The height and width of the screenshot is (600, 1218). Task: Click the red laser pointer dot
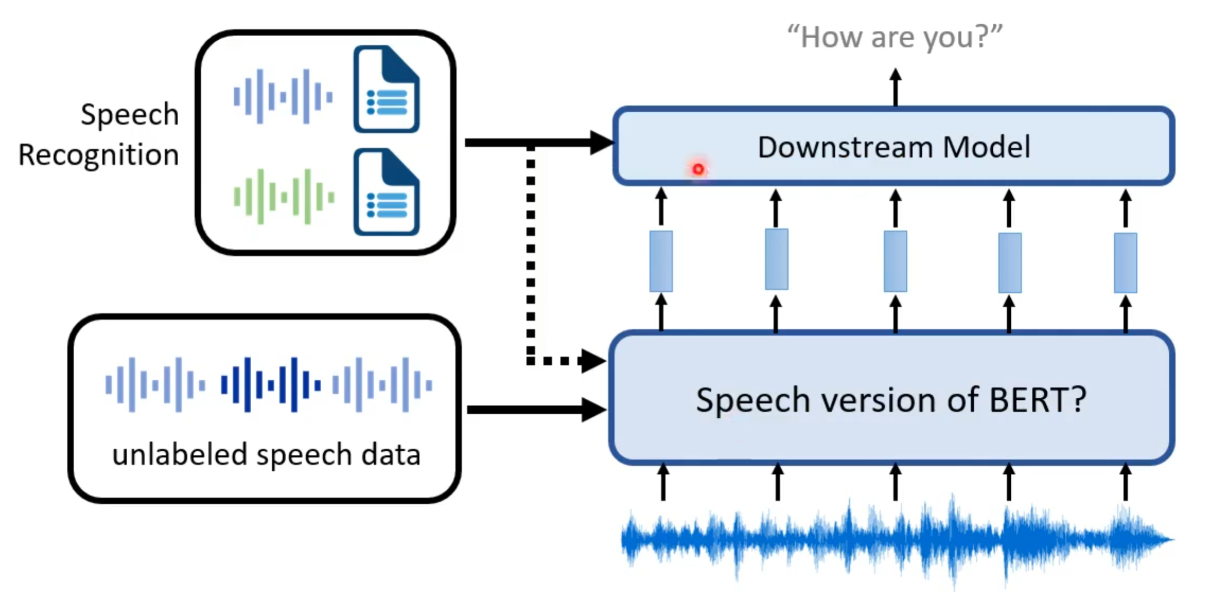(698, 169)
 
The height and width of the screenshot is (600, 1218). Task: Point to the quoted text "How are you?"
(895, 37)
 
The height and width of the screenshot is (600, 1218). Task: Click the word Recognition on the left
(99, 155)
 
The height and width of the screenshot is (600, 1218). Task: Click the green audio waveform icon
(284, 196)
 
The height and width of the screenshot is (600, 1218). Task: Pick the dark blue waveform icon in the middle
(270, 384)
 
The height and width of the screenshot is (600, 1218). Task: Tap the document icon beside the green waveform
(387, 192)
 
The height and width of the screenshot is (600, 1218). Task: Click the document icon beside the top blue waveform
(387, 89)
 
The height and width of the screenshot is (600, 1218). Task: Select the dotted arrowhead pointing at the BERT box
(593, 361)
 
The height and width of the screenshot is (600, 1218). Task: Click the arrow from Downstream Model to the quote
(895, 87)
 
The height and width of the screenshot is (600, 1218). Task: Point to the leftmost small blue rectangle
(661, 261)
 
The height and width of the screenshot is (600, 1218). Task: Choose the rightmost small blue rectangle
(1125, 263)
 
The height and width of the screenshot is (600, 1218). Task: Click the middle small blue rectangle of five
(895, 261)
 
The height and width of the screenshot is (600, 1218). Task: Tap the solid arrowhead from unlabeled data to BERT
(593, 409)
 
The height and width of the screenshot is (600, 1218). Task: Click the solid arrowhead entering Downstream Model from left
(601, 142)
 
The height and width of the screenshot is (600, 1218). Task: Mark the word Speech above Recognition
(129, 114)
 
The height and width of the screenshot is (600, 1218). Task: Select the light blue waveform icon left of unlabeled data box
(155, 384)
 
